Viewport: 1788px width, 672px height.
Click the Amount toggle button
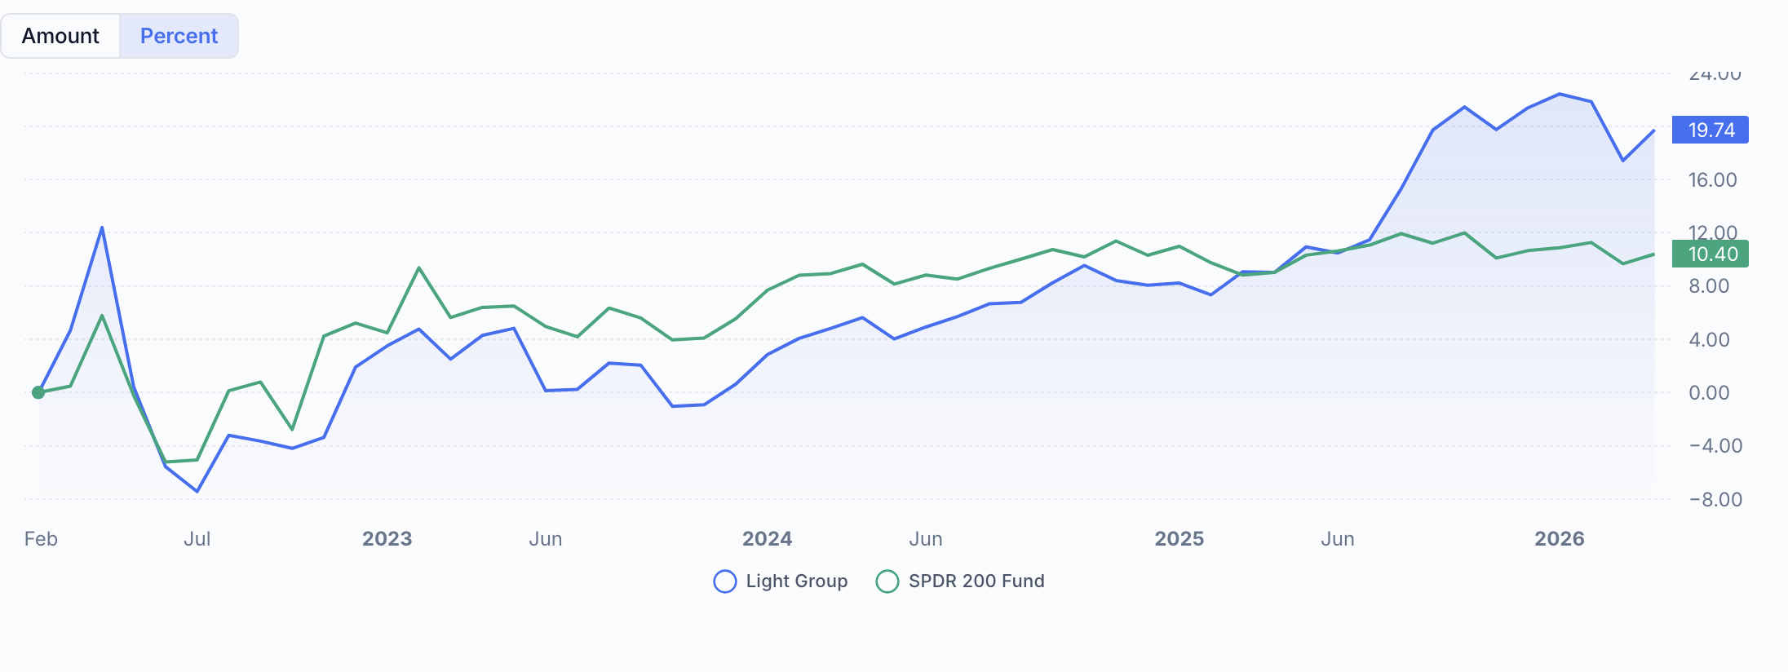[x=60, y=36]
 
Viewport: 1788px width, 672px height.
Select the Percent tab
[x=179, y=36]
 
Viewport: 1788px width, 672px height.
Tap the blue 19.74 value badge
[x=1710, y=130]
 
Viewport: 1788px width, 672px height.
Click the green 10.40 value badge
[x=1710, y=254]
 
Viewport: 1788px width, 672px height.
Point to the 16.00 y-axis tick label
[x=1712, y=179]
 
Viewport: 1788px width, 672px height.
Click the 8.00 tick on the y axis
[x=1709, y=286]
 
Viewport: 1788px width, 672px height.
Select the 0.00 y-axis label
[x=1709, y=393]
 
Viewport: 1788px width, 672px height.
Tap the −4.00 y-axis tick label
[x=1715, y=446]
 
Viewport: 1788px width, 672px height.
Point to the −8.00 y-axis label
[x=1715, y=499]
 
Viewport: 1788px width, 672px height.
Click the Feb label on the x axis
[x=41, y=539]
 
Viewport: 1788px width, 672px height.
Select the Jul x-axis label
[x=197, y=539]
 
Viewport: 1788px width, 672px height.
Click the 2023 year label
[x=387, y=539]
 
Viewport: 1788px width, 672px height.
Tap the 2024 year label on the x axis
[x=767, y=539]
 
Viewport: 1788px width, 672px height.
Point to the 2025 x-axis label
[x=1179, y=539]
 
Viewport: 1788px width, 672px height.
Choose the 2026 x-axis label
[x=1559, y=539]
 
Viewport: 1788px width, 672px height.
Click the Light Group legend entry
[x=781, y=581]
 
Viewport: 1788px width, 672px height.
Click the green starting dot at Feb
[x=38, y=392]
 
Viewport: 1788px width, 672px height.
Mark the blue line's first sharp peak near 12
[x=102, y=228]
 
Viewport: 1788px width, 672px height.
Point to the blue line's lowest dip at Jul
[x=197, y=491]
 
